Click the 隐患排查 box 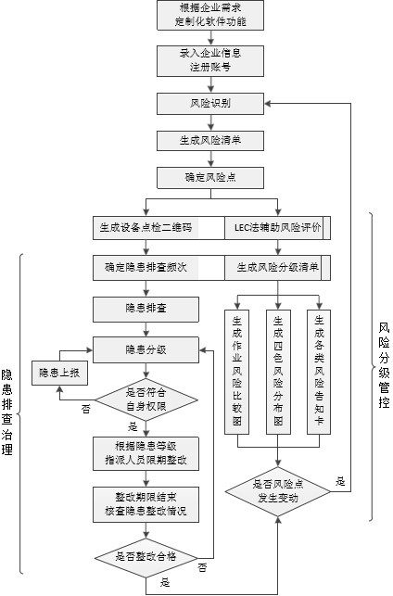(146, 308)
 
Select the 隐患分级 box (146, 349)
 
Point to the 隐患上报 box (58, 373)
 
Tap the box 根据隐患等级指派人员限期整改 (146, 452)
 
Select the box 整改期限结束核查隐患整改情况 (146, 503)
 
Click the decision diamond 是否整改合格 (146, 555)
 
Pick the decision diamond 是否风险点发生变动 (279, 489)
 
